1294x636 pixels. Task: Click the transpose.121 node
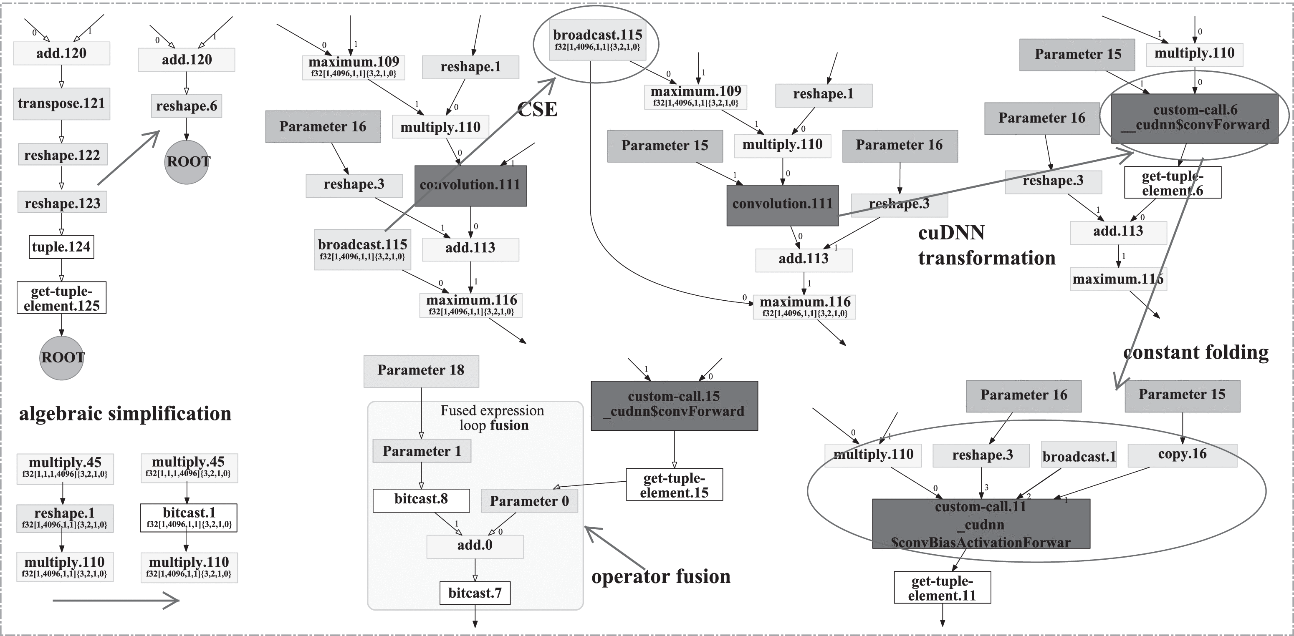pos(61,104)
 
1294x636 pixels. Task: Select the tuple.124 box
pos(61,247)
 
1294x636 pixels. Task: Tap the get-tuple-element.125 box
pos(61,298)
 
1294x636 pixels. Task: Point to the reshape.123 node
pos(62,203)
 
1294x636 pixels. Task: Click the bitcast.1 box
pos(188,518)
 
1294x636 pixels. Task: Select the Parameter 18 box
pos(421,371)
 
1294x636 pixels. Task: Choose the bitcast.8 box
pos(421,500)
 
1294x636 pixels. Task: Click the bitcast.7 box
pos(475,593)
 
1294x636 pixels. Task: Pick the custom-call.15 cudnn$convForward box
pos(674,405)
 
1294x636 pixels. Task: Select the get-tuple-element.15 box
pos(674,485)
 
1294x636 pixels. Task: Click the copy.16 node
pos(1182,455)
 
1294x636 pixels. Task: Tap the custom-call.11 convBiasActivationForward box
pos(981,523)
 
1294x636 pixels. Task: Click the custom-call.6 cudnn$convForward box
pos(1194,118)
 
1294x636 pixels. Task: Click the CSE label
pos(537,109)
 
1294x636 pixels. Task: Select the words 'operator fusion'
pos(660,577)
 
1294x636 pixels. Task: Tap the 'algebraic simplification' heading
pos(125,414)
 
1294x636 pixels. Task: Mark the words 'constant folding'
pos(1195,352)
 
